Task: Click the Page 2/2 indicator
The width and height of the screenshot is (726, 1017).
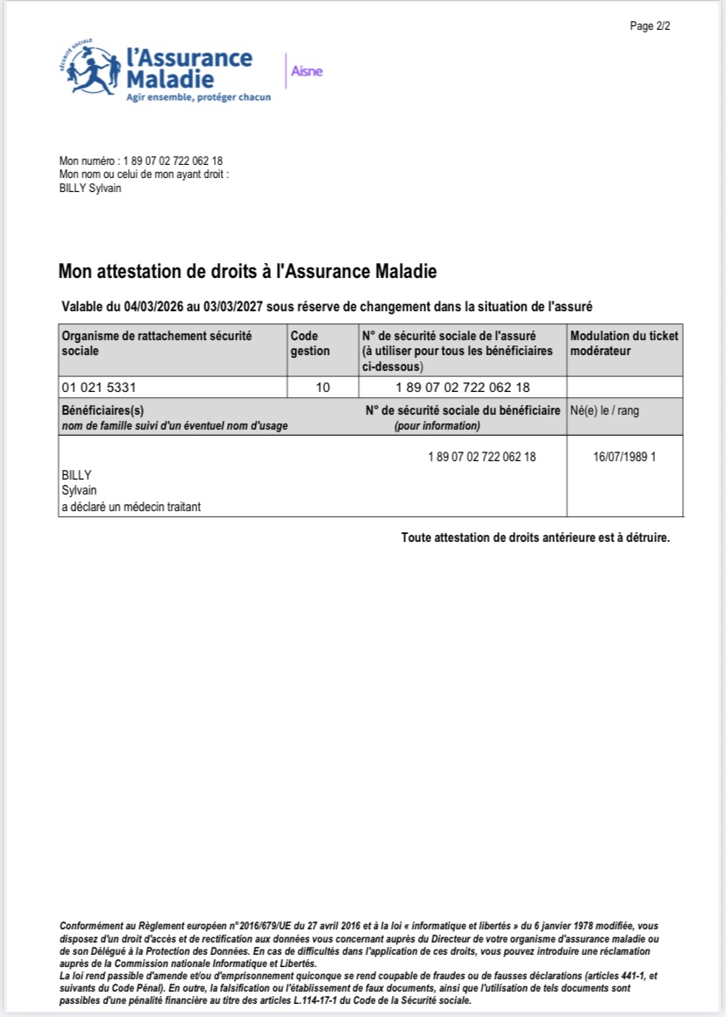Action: point(650,26)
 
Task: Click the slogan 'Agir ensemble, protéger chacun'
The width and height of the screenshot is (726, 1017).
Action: point(198,97)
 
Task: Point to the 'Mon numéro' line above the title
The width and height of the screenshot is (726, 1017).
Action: point(140,161)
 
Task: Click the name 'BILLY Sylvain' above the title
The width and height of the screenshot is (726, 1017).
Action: point(89,188)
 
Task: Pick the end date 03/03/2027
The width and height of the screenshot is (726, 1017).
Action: point(233,307)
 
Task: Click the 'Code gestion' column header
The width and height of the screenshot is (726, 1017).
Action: point(310,343)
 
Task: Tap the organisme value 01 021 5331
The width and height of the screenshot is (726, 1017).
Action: point(98,388)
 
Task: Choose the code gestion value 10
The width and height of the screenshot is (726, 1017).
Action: point(323,388)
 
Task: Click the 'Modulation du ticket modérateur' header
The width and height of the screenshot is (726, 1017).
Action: point(623,343)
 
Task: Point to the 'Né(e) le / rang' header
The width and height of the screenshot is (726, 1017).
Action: point(604,410)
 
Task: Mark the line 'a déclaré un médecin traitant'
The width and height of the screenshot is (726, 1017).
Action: point(131,507)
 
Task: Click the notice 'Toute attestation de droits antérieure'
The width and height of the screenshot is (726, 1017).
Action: point(535,537)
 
